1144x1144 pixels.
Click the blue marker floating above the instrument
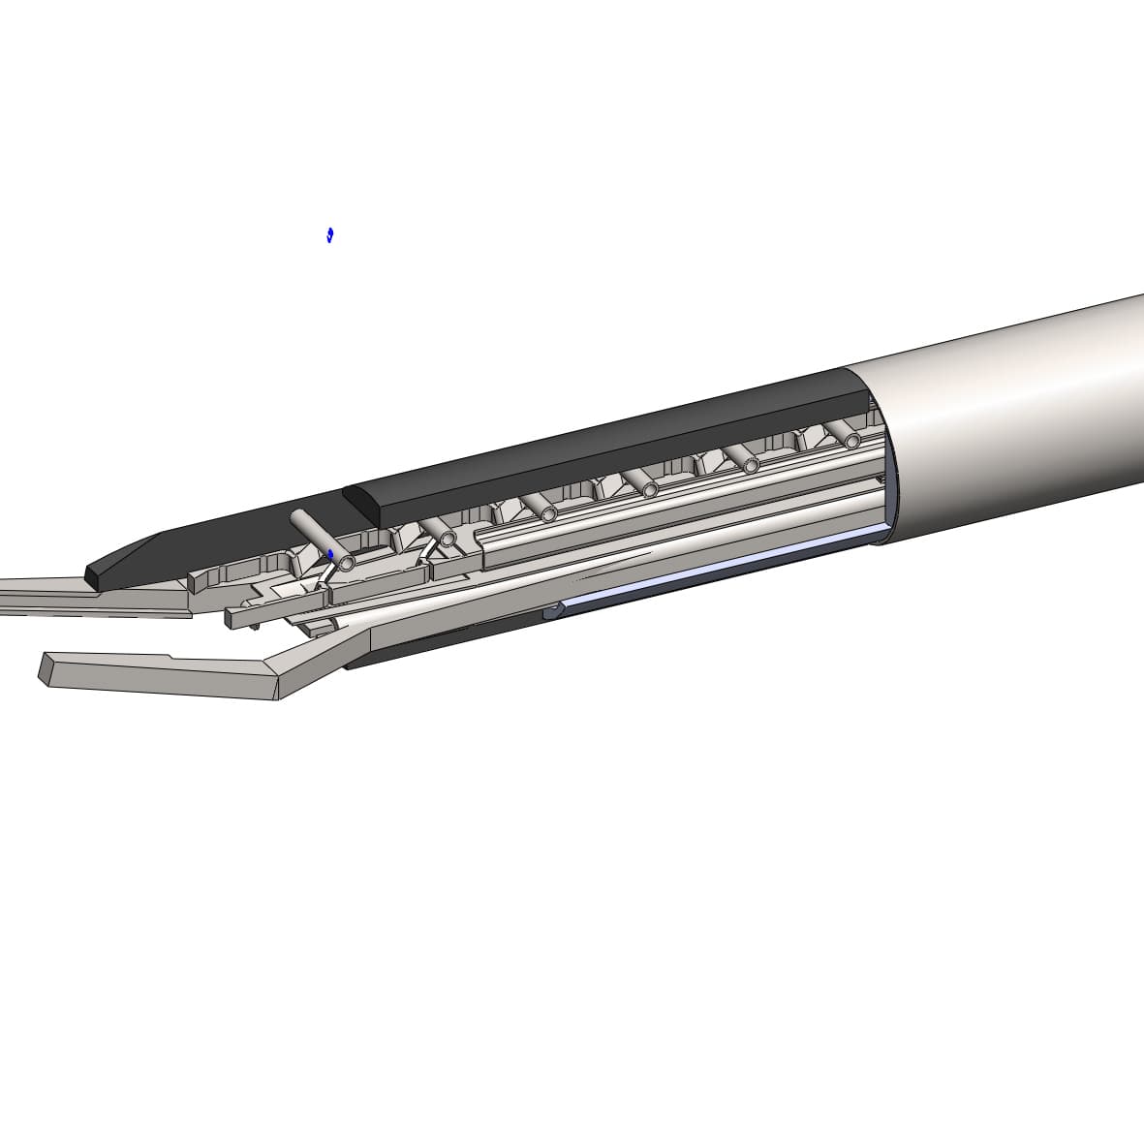tap(330, 234)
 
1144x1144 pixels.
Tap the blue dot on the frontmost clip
tap(331, 555)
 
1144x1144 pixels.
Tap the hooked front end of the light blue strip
tap(554, 610)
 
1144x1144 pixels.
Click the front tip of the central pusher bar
tap(232, 617)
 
